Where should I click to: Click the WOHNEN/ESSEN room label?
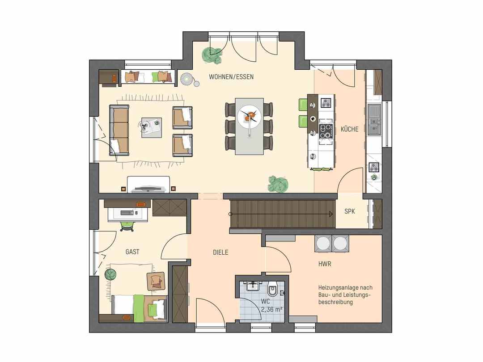tap(231, 77)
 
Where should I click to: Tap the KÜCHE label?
tap(350, 129)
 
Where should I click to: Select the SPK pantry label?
tap(350, 211)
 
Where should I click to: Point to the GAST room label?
tap(132, 252)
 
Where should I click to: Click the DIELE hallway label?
tap(220, 253)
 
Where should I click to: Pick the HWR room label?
tap(325, 264)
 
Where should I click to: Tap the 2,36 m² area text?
tap(272, 309)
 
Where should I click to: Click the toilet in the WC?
tap(273, 289)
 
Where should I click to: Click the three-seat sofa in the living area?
tap(119, 130)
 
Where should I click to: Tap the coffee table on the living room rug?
tap(152, 128)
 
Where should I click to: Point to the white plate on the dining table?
tap(249, 118)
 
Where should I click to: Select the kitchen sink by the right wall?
tap(374, 119)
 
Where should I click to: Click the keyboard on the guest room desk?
tap(127, 213)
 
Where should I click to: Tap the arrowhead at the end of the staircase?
tap(331, 214)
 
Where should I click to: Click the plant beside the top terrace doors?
tap(212, 55)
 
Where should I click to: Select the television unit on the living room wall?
tap(149, 185)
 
